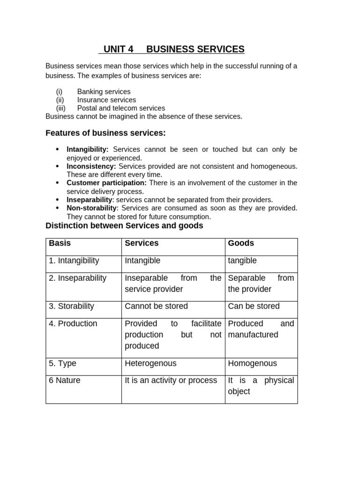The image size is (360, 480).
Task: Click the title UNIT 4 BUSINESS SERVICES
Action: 173,49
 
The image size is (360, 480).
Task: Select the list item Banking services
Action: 104,92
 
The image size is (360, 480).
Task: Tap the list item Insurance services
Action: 106,100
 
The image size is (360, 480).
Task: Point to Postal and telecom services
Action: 121,108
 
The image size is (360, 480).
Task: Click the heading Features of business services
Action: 105,133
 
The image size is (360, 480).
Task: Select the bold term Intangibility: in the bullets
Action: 88,149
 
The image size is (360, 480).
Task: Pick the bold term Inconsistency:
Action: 91,166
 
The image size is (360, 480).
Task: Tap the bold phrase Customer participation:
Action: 106,183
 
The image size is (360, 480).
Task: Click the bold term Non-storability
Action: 91,208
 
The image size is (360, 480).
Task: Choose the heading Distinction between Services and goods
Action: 124,225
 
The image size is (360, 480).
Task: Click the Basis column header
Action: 60,243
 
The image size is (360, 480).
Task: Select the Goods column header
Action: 241,243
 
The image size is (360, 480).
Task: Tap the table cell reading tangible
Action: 242,261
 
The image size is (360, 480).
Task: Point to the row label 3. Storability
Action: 71,306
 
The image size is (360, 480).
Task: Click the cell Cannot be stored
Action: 156,306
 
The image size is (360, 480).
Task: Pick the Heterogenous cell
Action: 150,363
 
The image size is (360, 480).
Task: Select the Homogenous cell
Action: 252,363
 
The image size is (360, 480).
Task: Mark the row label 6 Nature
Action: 65,380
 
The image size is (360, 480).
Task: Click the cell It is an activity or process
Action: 171,380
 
